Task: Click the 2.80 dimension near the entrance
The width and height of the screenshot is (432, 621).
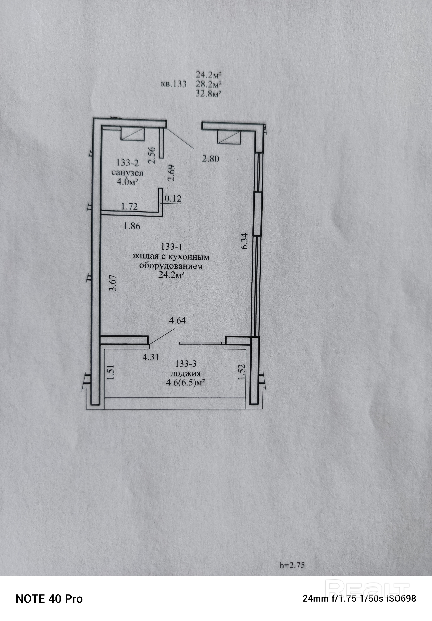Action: [x=211, y=159]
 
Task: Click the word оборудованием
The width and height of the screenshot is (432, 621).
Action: [x=171, y=266]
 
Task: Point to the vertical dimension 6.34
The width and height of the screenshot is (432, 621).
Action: [x=245, y=241]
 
